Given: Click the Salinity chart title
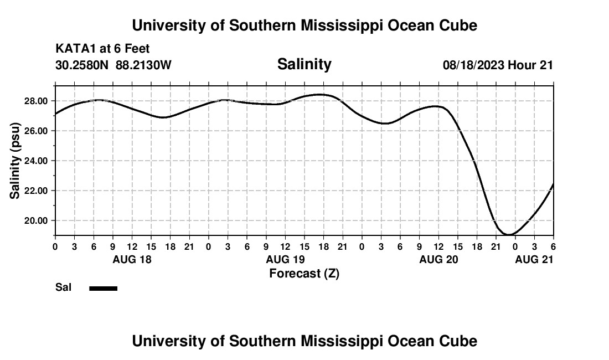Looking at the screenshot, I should (304, 64).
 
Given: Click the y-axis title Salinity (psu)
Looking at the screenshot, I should (15, 161).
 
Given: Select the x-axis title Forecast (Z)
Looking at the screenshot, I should (304, 274).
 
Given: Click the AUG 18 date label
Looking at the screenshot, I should (132, 259).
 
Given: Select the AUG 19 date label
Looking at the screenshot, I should (285, 259).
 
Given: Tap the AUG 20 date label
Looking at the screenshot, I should (438, 259).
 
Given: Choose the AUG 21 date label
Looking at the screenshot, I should (534, 259).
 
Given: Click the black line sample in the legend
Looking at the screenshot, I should (104, 288).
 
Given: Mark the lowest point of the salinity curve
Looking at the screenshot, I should (509, 235).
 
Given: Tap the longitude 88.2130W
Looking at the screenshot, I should (143, 65).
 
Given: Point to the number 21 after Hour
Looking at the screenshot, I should (546, 65).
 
